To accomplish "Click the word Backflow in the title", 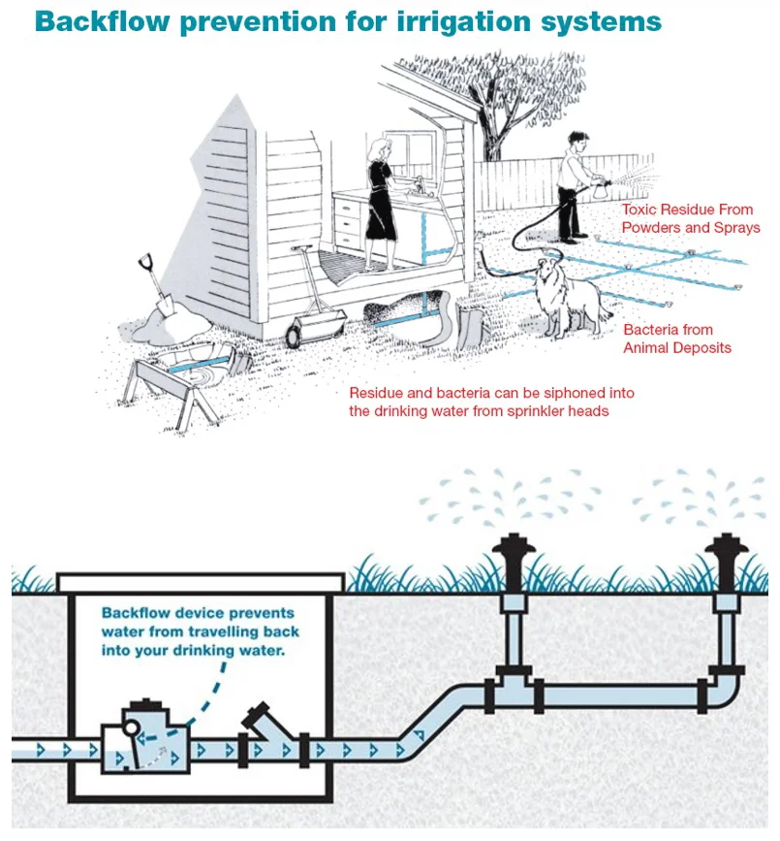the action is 103,21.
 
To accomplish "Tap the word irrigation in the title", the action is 463,22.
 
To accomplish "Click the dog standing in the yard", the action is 571,298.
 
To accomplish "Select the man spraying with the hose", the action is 577,185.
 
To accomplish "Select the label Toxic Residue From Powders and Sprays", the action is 691,218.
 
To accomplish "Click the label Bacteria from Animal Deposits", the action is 676,339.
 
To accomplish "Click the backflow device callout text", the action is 200,631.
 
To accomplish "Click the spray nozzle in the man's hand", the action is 602,188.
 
